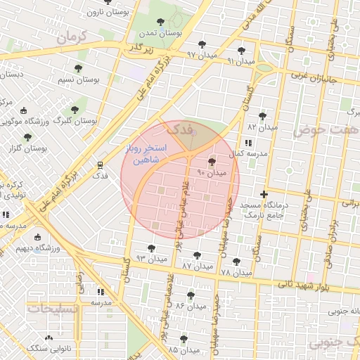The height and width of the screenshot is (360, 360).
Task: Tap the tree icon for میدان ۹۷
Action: click(203, 44)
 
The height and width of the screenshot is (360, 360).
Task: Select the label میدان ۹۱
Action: click(240, 61)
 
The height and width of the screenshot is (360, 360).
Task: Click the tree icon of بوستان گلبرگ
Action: click(75, 110)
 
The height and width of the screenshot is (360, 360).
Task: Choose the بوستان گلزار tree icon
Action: click(27, 137)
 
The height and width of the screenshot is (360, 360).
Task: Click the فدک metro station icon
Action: click(101, 165)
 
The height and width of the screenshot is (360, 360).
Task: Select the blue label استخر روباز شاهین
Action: click(146, 155)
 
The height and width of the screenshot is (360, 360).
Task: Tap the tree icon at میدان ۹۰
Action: click(212, 162)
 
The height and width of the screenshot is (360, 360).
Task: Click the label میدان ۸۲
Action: click(262, 127)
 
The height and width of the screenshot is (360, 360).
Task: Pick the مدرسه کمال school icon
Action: click(247, 143)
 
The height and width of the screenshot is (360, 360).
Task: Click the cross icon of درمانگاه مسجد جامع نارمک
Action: click(264, 194)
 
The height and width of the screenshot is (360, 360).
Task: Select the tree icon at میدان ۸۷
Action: click(196, 255)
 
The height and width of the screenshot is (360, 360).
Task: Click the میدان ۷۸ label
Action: click(236, 272)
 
